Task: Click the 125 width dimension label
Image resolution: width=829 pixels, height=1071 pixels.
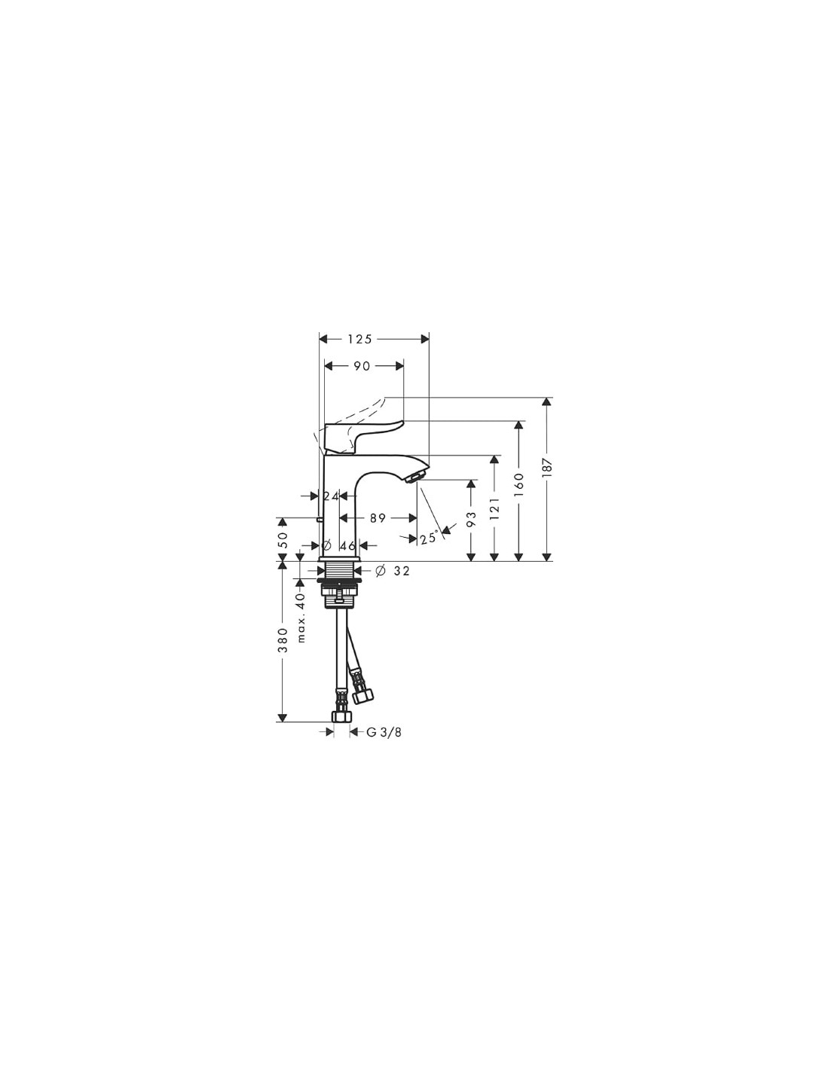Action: pyautogui.click(x=359, y=339)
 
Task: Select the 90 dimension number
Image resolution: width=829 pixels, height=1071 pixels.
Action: pyautogui.click(x=362, y=366)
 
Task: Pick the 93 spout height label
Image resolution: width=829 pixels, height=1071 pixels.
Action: pyautogui.click(x=472, y=519)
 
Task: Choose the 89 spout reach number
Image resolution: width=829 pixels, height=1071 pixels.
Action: pyautogui.click(x=378, y=518)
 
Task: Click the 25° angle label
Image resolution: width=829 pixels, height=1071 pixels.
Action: pyautogui.click(x=429, y=537)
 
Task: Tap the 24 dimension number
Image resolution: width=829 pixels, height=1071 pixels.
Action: pyautogui.click(x=332, y=496)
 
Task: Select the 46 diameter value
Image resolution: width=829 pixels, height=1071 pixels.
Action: pyautogui.click(x=347, y=545)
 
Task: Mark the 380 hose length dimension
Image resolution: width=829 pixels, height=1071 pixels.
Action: pyautogui.click(x=283, y=639)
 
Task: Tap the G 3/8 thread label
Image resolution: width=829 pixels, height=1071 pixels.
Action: pyautogui.click(x=384, y=732)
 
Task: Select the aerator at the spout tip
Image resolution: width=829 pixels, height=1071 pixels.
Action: pyautogui.click(x=415, y=477)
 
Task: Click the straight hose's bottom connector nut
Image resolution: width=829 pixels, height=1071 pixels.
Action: pyautogui.click(x=342, y=716)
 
